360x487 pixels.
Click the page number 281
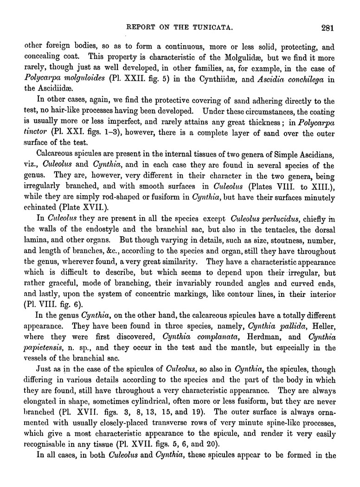(x=327, y=27)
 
